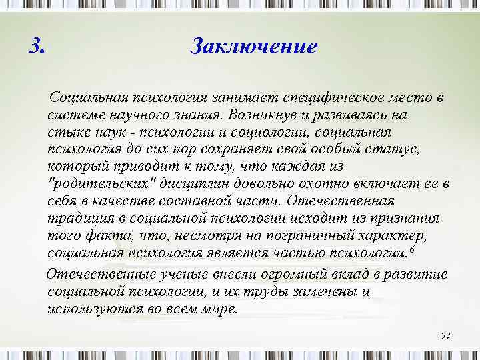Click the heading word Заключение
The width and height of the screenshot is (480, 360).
253,47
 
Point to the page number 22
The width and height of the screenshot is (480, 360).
446,335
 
